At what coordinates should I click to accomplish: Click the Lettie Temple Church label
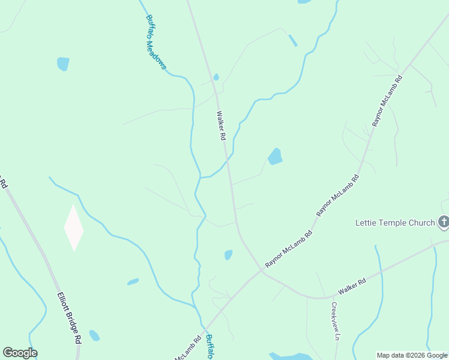pyautogui.click(x=394, y=223)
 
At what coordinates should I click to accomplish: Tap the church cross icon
pyautogui.click(x=444, y=223)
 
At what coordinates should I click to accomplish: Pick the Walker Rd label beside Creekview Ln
pyautogui.click(x=352, y=286)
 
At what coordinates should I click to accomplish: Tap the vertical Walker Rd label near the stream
pyautogui.click(x=221, y=125)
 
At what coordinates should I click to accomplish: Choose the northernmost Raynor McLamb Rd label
pyautogui.click(x=387, y=101)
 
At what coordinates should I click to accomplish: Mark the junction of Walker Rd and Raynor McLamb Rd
pyautogui.click(x=262, y=269)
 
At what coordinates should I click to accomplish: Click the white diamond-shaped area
pyautogui.click(x=74, y=228)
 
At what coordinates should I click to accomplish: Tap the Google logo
pyautogui.click(x=20, y=353)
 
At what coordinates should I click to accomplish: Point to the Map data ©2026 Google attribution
pyautogui.click(x=412, y=355)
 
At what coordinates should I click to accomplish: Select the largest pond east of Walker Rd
pyautogui.click(x=275, y=157)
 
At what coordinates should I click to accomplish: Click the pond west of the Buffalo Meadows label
pyautogui.click(x=62, y=64)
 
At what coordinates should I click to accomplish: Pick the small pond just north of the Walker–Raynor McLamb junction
pyautogui.click(x=228, y=255)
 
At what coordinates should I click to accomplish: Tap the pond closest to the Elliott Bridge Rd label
pyautogui.click(x=94, y=335)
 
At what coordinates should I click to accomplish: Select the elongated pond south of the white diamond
pyautogui.click(x=133, y=281)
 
